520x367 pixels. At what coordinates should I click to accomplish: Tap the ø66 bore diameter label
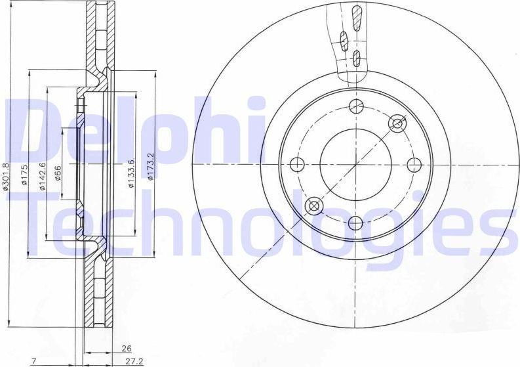pyautogui.click(x=58, y=174)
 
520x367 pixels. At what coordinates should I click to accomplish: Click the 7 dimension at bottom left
pyautogui.click(x=33, y=361)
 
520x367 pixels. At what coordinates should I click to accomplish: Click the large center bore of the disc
pyautogui.click(x=355, y=164)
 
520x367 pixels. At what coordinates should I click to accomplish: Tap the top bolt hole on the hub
pyautogui.click(x=356, y=106)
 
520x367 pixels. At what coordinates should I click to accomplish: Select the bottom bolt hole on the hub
pyautogui.click(x=355, y=223)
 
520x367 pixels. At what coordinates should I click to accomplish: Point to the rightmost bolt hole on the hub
pyautogui.click(x=414, y=165)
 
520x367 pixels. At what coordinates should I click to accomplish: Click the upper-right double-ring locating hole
pyautogui.click(x=397, y=123)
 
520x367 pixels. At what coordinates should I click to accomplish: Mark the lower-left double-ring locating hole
pyautogui.click(x=314, y=206)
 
